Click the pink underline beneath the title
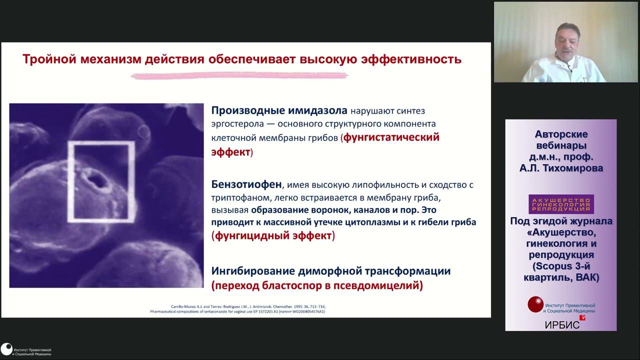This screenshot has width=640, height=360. (239, 76)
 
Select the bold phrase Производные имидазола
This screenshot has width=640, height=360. (279, 110)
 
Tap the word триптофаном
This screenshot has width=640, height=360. (238, 197)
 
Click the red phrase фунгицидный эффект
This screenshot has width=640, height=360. (273, 235)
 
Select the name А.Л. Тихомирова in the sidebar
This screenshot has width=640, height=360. (561, 168)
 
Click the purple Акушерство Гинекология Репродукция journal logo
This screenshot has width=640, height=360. (561, 204)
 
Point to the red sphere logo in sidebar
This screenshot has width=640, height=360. (535, 304)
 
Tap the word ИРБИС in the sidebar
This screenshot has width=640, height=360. (562, 325)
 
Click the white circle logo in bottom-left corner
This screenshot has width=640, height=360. (6, 349)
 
